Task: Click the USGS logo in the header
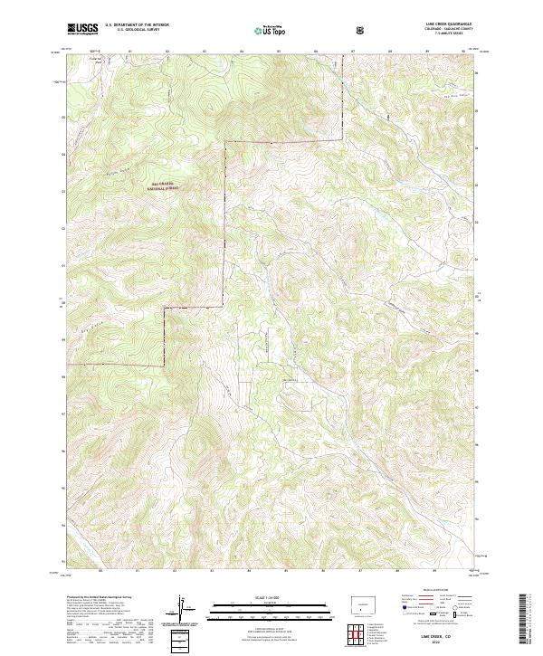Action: (x=82, y=29)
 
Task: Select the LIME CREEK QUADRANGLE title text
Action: (x=443, y=24)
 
